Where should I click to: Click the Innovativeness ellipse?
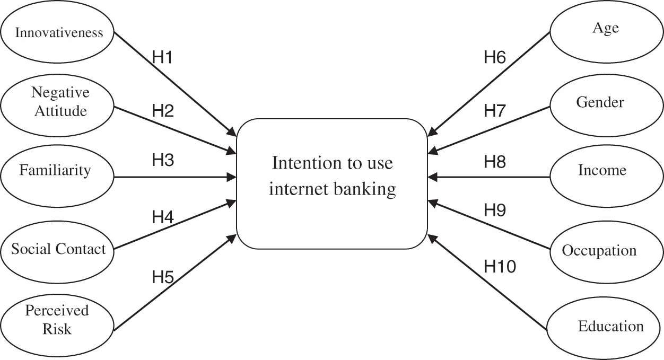(x=58, y=33)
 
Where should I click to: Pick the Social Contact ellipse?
(x=58, y=249)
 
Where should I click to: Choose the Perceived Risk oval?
(x=57, y=320)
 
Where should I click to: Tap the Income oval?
(x=602, y=171)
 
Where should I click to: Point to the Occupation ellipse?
(x=599, y=250)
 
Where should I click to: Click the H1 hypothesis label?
(x=162, y=57)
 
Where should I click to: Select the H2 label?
(x=163, y=111)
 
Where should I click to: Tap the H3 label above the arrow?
(x=163, y=161)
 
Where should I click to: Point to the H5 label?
(x=163, y=277)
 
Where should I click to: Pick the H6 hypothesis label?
(x=495, y=57)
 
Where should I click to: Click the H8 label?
(x=495, y=162)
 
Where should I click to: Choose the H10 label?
(x=500, y=267)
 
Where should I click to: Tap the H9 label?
(x=495, y=210)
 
